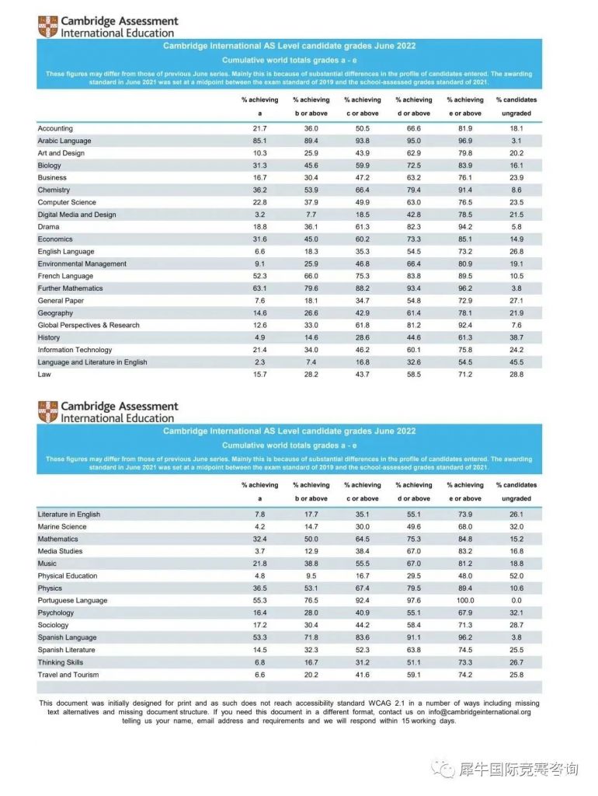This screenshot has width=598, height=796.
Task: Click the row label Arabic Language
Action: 64,141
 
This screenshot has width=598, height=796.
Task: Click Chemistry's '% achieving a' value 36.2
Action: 259,190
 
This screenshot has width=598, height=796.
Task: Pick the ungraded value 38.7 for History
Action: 516,338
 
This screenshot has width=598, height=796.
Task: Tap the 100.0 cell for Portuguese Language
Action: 465,601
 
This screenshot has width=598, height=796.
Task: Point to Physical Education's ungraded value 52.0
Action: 516,576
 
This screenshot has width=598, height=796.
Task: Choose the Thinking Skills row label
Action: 61,662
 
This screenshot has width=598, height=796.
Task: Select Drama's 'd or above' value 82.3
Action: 414,227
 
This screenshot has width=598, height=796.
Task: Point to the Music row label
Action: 47,564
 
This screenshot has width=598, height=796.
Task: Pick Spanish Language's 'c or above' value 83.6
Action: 362,637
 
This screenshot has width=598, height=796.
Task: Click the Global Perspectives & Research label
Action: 89,325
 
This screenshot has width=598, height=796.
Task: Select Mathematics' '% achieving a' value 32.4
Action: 259,539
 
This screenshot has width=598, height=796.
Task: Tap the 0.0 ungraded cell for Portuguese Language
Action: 516,601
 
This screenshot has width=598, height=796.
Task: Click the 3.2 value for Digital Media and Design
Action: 259,215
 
